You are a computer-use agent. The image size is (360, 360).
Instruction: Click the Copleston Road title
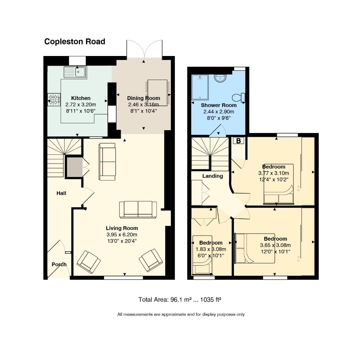75,42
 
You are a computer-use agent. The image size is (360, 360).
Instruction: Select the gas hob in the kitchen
54,100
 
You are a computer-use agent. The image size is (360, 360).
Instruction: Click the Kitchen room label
81,98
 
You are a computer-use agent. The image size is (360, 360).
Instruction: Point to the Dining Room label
143,98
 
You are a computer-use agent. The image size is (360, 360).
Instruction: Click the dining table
157,93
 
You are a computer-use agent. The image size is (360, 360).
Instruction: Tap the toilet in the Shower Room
239,98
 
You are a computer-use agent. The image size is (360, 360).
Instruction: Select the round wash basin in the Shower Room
220,78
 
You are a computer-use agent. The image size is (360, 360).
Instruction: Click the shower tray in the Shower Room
200,87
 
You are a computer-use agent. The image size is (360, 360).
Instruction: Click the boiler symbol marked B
239,141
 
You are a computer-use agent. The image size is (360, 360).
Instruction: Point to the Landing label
213,176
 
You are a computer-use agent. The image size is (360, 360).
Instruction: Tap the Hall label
61,193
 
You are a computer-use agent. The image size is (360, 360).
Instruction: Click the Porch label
59,264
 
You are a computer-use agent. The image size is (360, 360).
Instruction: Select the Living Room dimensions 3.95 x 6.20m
122,235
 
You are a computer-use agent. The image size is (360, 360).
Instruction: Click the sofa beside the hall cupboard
107,162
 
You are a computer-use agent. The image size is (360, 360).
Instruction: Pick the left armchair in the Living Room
88,262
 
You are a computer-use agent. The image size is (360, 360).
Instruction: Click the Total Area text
179,300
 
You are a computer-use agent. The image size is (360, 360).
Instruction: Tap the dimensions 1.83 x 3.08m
211,249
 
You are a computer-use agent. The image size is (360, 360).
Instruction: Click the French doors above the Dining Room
144,49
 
